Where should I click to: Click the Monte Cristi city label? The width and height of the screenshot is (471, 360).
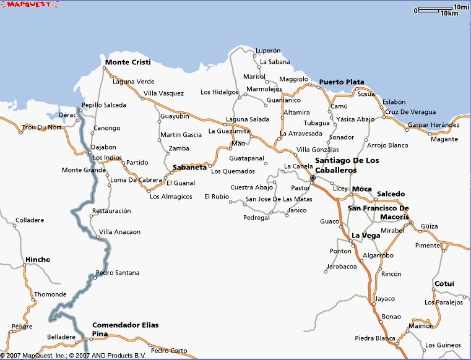(x=127, y=62)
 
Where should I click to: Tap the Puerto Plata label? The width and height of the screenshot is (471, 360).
(x=342, y=82)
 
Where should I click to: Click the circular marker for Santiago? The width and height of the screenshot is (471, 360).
(x=313, y=178)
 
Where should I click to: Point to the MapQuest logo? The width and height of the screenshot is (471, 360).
(x=30, y=4)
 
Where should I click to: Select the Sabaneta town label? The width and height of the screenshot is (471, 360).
(x=189, y=167)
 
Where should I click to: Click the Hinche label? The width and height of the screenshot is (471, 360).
(x=38, y=259)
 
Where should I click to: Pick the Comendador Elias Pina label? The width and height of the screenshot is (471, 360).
(x=125, y=329)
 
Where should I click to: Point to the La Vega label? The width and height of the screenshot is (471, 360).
(x=365, y=236)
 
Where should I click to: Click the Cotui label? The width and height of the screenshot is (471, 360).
(x=444, y=284)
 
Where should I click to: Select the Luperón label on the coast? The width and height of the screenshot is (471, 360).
(x=268, y=51)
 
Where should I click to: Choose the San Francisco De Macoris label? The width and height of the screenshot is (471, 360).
(x=378, y=212)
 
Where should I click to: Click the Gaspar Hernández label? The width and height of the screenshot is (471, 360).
(x=434, y=126)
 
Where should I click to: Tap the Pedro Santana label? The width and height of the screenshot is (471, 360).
(x=118, y=273)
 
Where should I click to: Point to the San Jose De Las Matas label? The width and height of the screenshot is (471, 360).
(x=279, y=199)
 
